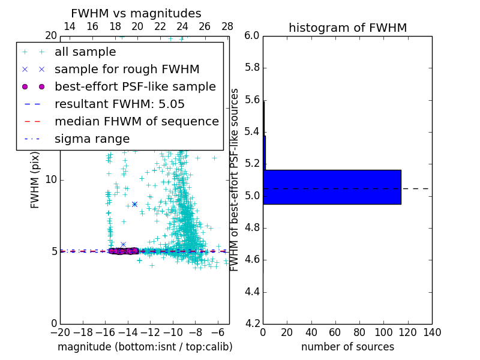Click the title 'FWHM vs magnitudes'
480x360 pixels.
(x=136, y=13)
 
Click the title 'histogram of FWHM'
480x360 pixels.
(x=347, y=28)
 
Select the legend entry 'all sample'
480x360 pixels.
(x=85, y=52)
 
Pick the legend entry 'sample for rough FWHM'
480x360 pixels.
(x=127, y=70)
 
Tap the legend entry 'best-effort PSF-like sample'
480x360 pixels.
(x=135, y=87)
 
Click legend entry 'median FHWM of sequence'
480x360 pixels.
(x=136, y=122)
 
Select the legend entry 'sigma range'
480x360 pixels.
(x=92, y=139)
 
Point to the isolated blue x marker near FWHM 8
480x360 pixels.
(x=134, y=204)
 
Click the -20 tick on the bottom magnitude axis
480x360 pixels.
(x=60, y=332)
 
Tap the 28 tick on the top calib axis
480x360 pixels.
(x=227, y=26)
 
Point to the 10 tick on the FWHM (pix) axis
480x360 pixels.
(x=50, y=179)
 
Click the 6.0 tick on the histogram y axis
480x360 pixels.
(x=252, y=36)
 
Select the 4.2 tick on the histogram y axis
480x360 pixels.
(x=252, y=323)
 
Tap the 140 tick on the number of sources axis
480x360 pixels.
(x=432, y=332)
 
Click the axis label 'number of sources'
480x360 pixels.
(x=347, y=347)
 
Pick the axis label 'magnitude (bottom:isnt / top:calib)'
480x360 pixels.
(x=145, y=347)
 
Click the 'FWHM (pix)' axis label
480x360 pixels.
(x=35, y=179)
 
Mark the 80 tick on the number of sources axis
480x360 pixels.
(x=359, y=332)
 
